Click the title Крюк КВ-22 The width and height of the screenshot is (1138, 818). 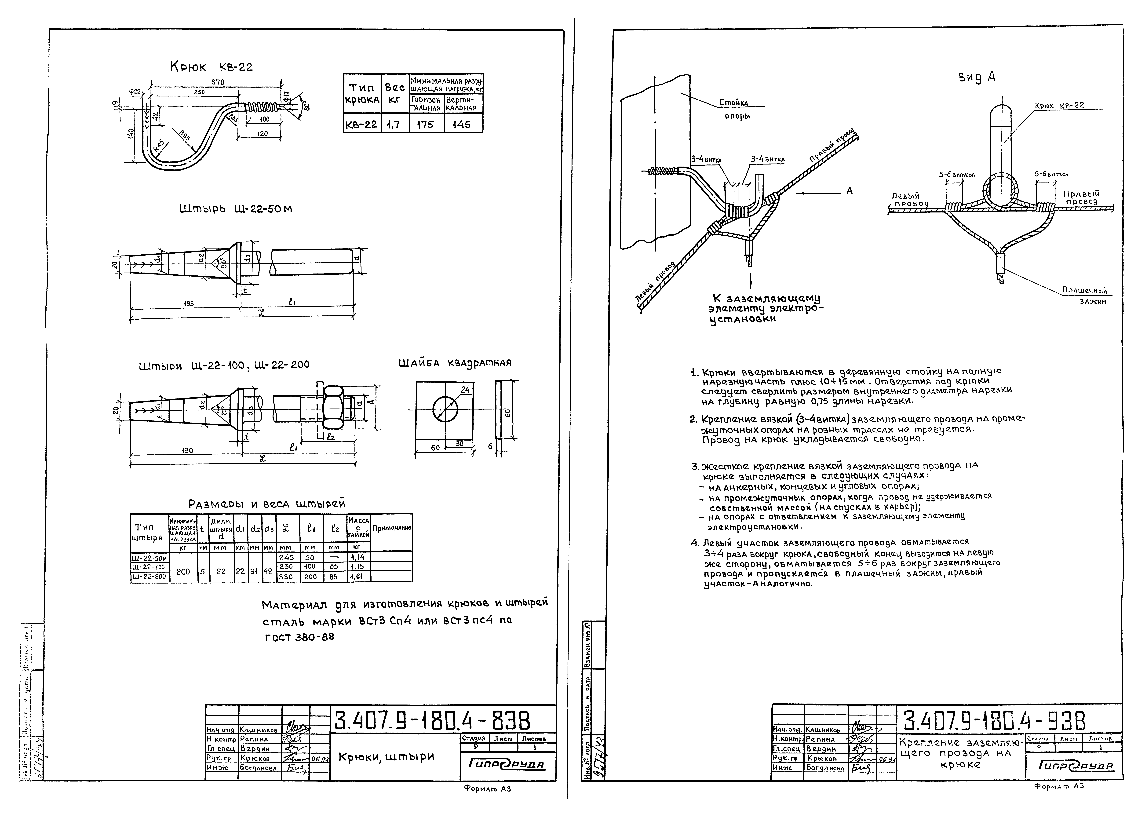211,67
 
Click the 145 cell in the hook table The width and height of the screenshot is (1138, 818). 462,124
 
